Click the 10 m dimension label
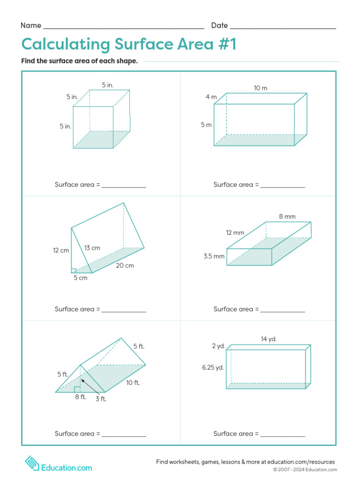pyautogui.click(x=261, y=88)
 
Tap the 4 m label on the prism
pyautogui.click(x=211, y=97)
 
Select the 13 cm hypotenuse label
pyautogui.click(x=92, y=248)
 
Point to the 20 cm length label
pyautogui.click(x=125, y=266)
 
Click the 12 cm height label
pyautogui.click(x=61, y=250)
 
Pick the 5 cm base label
pyautogui.click(x=80, y=277)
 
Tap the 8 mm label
pyautogui.click(x=287, y=217)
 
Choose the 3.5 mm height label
pyautogui.click(x=214, y=256)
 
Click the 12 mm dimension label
pyautogui.click(x=235, y=232)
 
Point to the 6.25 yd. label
pyautogui.click(x=213, y=367)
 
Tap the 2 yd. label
pyautogui.click(x=218, y=346)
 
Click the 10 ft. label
pyautogui.click(x=133, y=382)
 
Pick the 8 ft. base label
pyautogui.click(x=81, y=397)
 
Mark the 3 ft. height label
pyautogui.click(x=101, y=399)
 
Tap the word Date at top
pyautogui.click(x=219, y=25)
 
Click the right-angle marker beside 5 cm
pyautogui.click(x=74, y=270)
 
